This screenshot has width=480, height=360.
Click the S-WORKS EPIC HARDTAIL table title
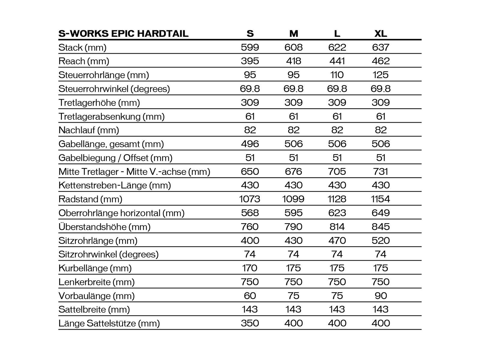pos(123,33)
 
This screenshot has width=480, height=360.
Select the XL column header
pos(381,33)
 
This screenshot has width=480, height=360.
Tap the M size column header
pos(294,33)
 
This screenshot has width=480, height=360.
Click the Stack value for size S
pos(250,47)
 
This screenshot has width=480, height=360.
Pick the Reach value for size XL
pos(381,61)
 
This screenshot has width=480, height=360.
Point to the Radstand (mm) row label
pos(90,199)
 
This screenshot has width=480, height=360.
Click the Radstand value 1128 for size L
pos(337,199)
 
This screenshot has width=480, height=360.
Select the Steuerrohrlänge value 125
pos(381,75)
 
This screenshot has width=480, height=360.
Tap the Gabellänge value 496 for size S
pos(250,144)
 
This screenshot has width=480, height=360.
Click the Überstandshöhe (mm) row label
pos(104,226)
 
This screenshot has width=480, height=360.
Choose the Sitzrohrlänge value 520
pos(381,240)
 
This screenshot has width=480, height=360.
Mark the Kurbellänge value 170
pos(250,268)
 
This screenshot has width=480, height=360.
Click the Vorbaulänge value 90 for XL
pos(381,295)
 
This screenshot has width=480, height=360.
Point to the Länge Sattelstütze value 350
pos(250,323)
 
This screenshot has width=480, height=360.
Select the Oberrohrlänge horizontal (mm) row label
pos(121,213)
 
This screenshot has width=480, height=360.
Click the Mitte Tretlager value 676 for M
pos(294,171)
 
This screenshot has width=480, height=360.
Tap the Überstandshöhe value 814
pos(337,226)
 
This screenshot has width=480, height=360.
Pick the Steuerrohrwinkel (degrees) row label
pos(114,88)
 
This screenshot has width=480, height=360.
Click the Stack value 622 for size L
pos(337,47)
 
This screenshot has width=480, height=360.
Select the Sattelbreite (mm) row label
pos(94,309)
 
